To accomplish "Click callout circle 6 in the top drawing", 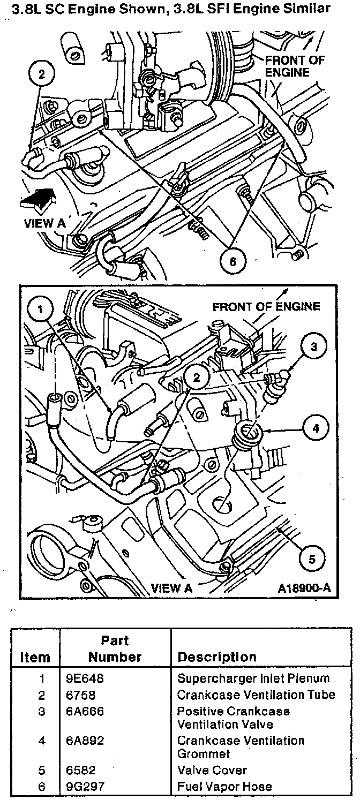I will coord(232,262).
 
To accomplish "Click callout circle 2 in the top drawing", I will coord(41,74).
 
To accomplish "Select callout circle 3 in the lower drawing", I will coord(314,346).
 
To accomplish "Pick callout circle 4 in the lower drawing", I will coord(316,428).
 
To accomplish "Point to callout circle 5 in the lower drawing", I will coord(312,560).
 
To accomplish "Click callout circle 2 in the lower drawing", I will coord(197,377).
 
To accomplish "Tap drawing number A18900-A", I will coord(304,588).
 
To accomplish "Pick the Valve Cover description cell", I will coord(212,771).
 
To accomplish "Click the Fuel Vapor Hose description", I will coord(224,787).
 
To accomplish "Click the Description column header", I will coord(217,657).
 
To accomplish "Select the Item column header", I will coord(35,657).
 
